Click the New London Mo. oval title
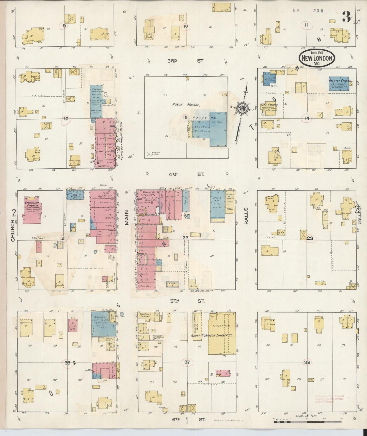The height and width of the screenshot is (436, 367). (x=316, y=58)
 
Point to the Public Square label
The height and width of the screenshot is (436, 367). (x=186, y=104)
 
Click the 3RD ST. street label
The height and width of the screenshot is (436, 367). (x=186, y=61)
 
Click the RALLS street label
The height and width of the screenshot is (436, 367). (x=246, y=216)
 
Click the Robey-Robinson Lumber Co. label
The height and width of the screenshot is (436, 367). (x=212, y=336)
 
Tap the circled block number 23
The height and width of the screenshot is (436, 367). (x=310, y=238)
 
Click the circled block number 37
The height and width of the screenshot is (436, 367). (x=187, y=362)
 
